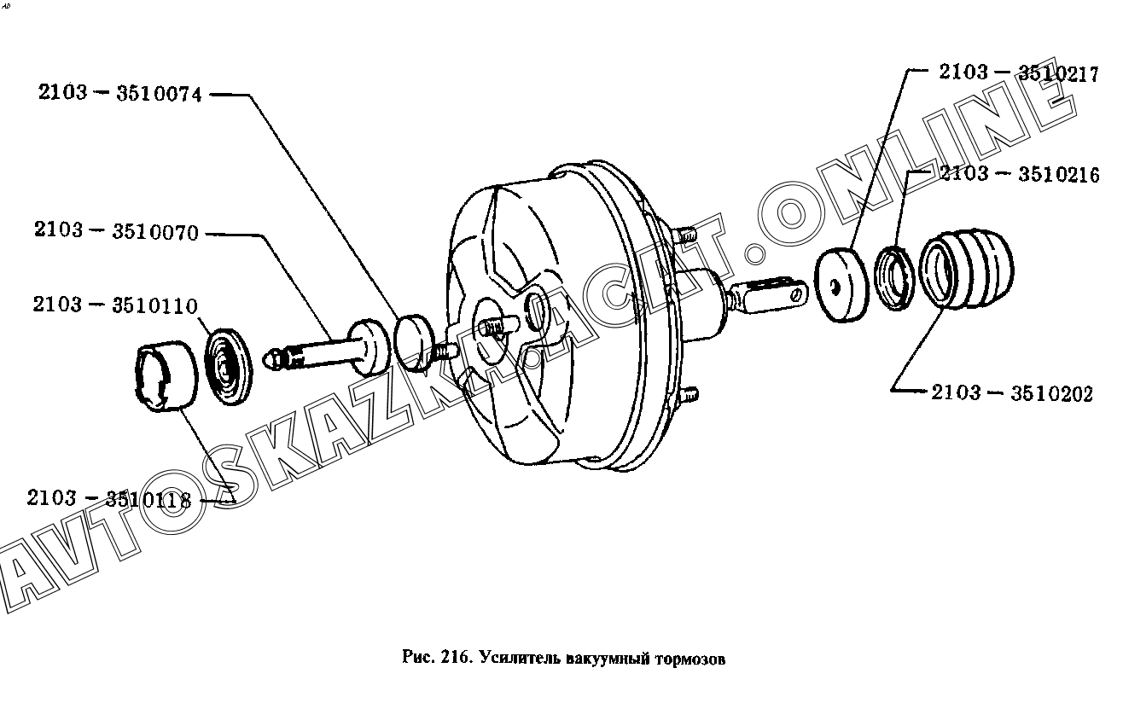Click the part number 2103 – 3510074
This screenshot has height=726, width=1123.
point(120,93)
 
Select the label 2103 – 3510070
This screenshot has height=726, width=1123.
point(116,231)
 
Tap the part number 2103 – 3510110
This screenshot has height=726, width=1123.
point(115,305)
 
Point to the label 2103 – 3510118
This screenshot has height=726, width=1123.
point(109,498)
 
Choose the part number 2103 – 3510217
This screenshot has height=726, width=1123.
point(1019,73)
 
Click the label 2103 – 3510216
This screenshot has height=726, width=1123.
point(1020,174)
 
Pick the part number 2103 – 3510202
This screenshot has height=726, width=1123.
point(1012,392)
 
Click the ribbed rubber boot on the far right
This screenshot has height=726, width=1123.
point(967,268)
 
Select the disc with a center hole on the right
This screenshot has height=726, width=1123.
point(841,285)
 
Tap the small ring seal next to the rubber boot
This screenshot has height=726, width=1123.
point(894,277)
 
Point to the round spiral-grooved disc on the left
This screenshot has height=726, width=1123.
point(229,367)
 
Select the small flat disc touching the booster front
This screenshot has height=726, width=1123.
point(414,343)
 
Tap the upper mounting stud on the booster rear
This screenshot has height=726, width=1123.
point(684,234)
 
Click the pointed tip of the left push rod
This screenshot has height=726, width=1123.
point(265,359)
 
